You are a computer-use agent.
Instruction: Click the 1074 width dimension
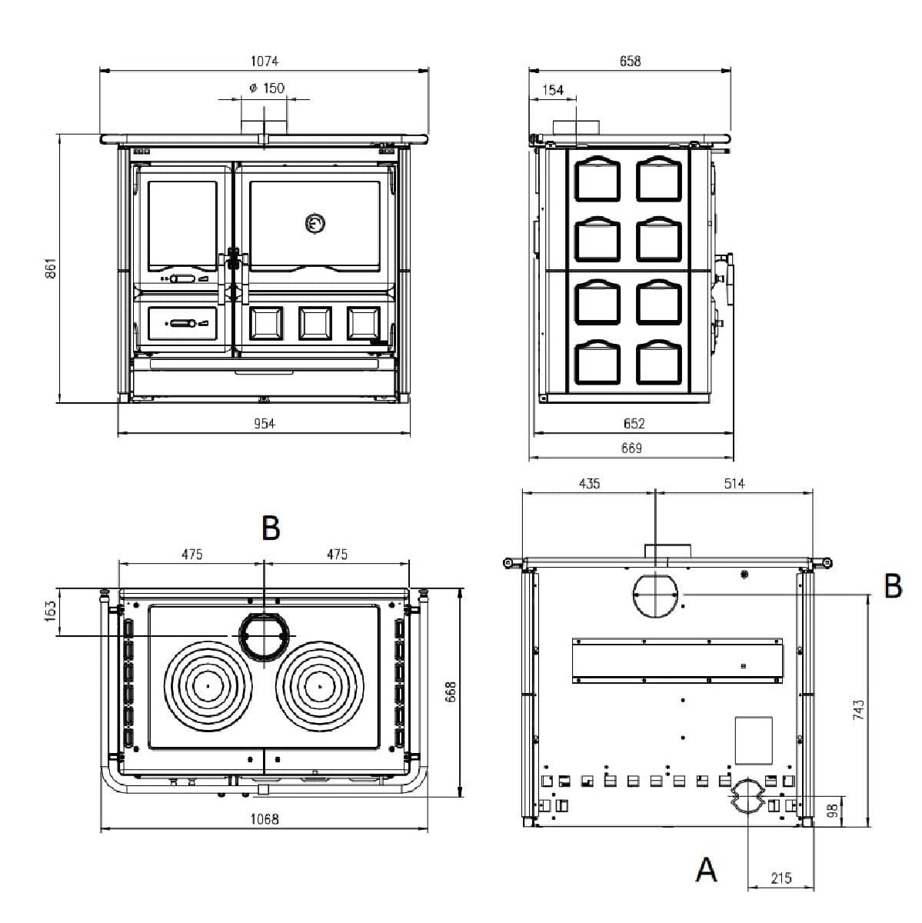coord(265,61)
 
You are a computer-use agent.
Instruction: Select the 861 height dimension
coord(51,267)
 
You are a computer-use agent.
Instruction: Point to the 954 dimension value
coord(264,423)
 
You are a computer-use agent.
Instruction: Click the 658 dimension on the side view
coord(630,61)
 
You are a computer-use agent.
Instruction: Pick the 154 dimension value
coord(553,90)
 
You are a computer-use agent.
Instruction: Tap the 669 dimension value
coord(631,448)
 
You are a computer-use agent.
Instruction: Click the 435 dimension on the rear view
coord(589,484)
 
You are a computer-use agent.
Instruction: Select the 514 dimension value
coord(734,484)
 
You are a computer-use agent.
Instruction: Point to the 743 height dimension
coord(859,709)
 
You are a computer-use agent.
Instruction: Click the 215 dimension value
coord(781,878)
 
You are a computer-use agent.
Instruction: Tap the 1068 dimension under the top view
coord(265,819)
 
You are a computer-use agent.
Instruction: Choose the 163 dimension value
coord(51,612)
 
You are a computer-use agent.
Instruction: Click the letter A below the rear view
coord(706,870)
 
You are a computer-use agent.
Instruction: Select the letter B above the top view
coord(270,528)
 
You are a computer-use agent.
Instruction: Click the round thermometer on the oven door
coord(315,224)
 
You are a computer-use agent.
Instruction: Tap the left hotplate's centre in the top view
coord(208,685)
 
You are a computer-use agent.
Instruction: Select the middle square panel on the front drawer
coord(315,323)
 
